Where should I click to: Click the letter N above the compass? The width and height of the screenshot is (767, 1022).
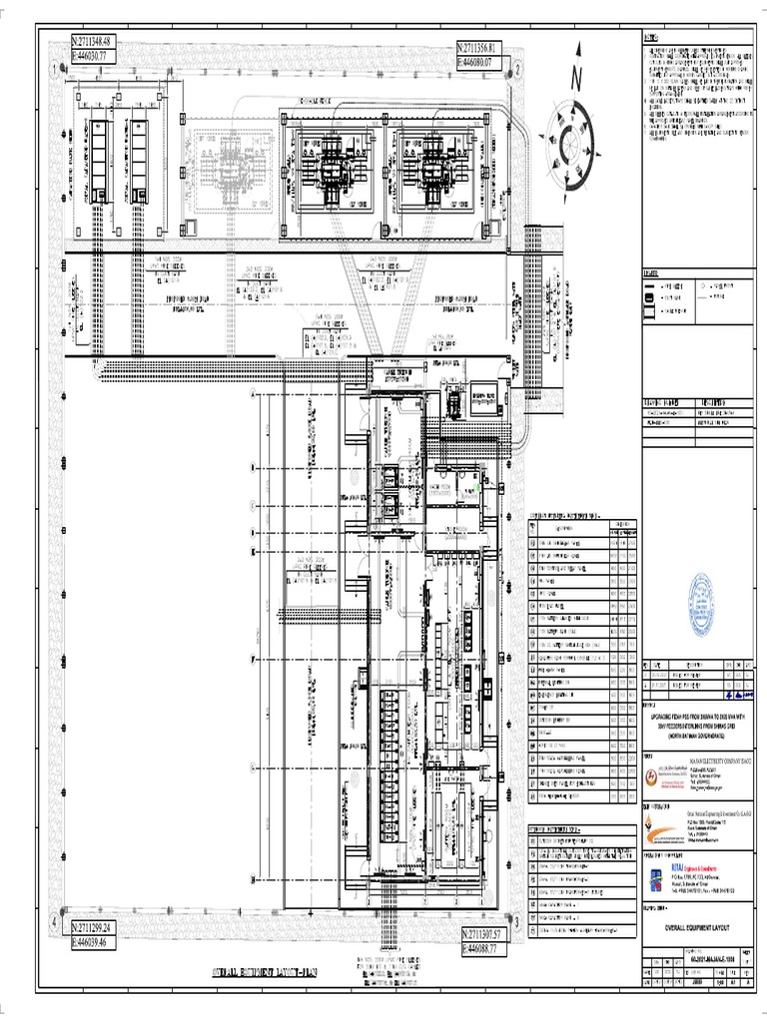[576, 76]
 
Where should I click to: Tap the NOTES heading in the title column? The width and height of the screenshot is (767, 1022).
[651, 38]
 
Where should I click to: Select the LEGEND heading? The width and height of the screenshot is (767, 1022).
[652, 273]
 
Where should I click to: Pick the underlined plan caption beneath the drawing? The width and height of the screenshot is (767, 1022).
[264, 972]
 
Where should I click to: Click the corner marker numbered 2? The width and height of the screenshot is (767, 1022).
[518, 69]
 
